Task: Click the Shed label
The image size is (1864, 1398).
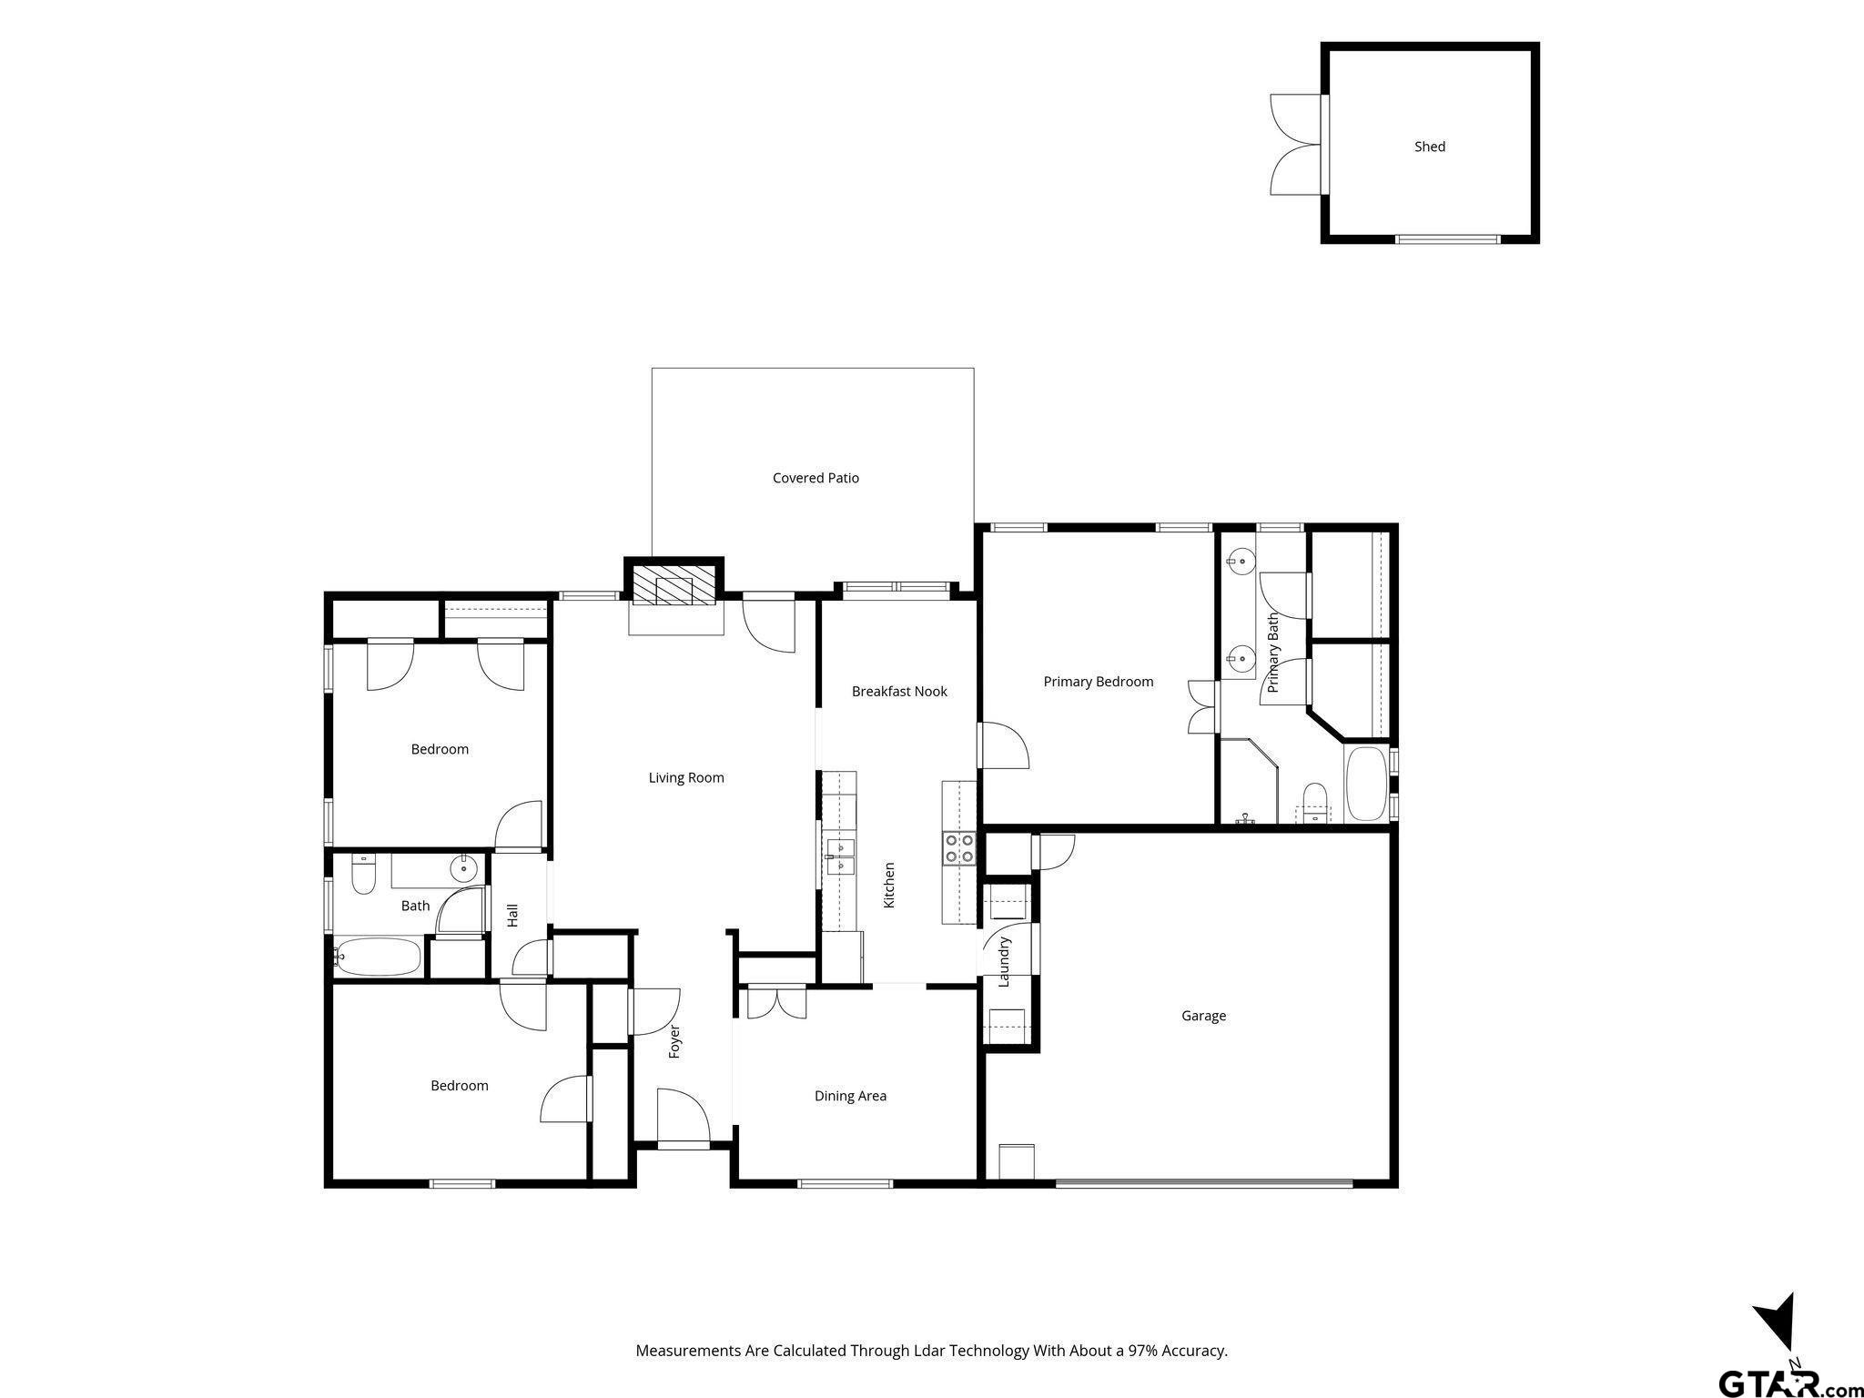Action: [x=1429, y=147]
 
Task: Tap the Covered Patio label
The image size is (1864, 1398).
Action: [x=815, y=478]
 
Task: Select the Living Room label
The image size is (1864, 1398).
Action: [x=686, y=777]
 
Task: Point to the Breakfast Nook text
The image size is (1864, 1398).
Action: [x=899, y=692]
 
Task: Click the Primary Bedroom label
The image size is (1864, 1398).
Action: [x=1099, y=682]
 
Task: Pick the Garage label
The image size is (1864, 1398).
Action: [x=1203, y=1016]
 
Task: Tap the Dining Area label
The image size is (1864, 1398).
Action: [x=850, y=1096]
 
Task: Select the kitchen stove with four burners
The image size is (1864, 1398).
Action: [x=959, y=848]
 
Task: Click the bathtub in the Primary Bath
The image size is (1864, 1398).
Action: [x=1366, y=784]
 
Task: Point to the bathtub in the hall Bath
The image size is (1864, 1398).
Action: [x=379, y=957]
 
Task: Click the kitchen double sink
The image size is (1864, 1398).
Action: [x=840, y=857]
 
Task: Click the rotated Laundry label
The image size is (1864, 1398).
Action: [x=1005, y=962]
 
